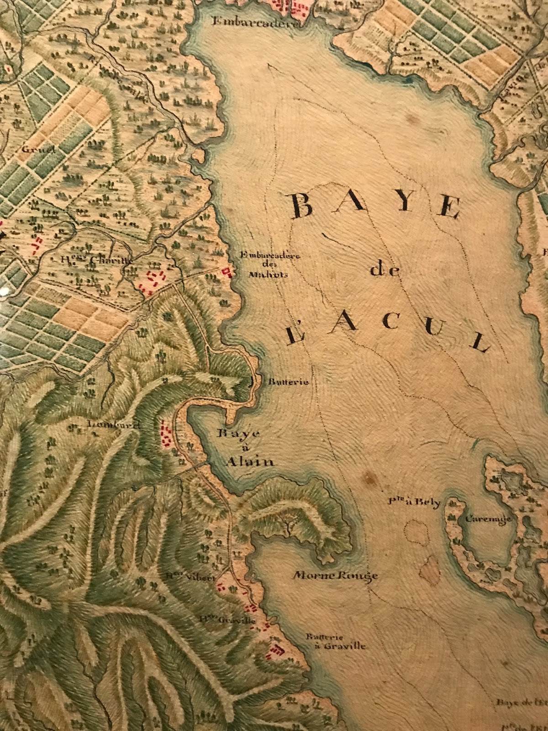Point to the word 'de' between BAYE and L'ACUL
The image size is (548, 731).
point(385,270)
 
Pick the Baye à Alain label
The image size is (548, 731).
point(246,448)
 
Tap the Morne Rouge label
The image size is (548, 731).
point(336,575)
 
